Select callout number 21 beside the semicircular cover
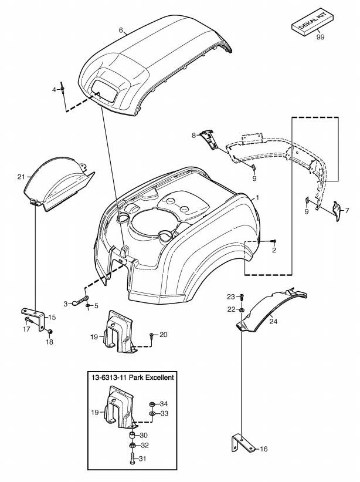pos(21,176)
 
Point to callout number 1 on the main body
pos(254,198)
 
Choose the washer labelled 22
pos(242,309)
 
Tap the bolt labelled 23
pos(242,296)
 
